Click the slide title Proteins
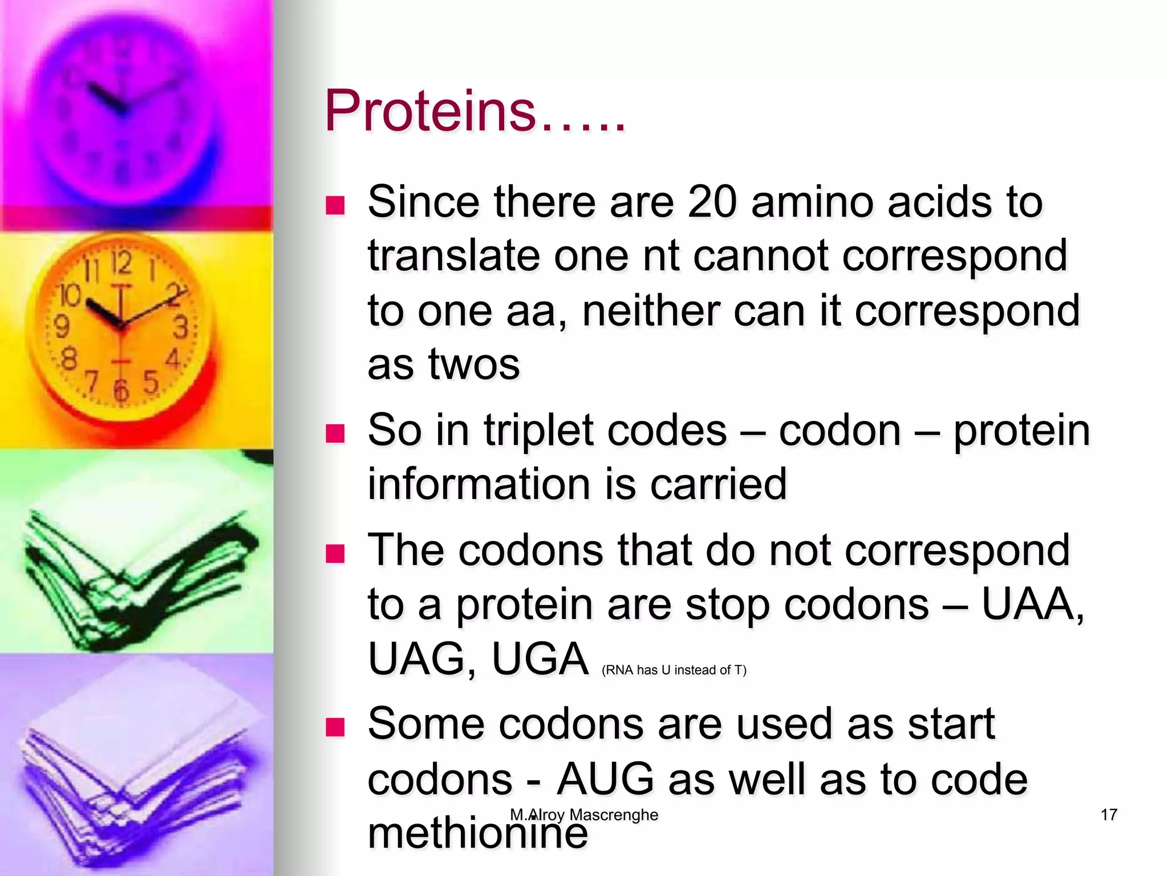(474, 111)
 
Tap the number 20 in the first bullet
(712, 202)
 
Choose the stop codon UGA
(540, 659)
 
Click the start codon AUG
(605, 779)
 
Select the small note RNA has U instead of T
(674, 670)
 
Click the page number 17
(1109, 814)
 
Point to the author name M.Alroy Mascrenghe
(584, 815)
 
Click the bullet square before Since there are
(335, 205)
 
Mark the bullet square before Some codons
(335, 727)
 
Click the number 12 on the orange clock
(121, 263)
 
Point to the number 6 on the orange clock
(120, 391)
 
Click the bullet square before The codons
(335, 553)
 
